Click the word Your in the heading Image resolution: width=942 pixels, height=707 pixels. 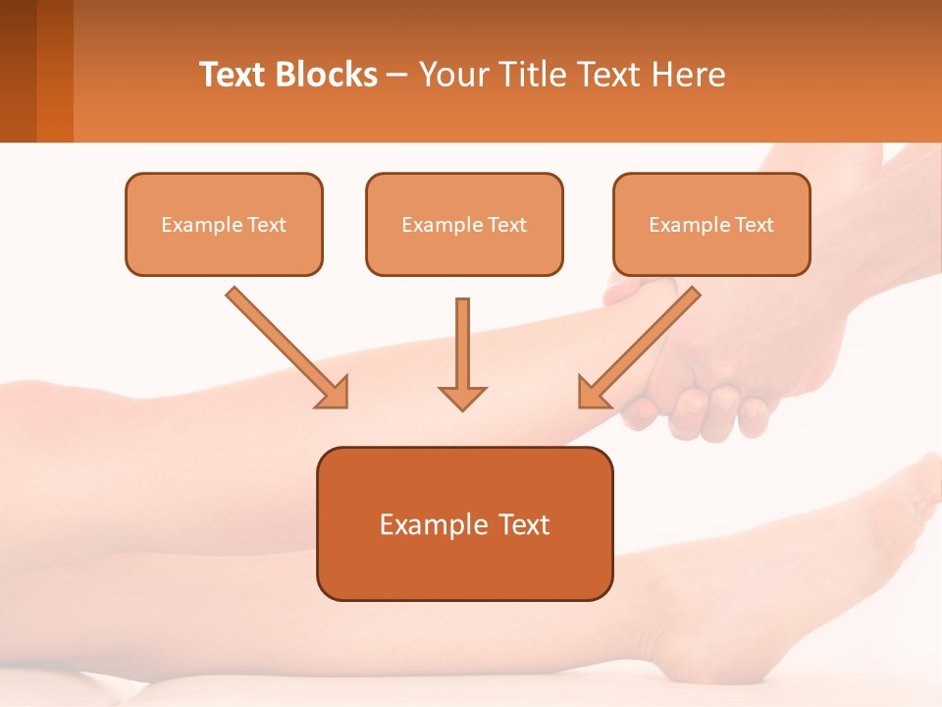pyautogui.click(x=450, y=75)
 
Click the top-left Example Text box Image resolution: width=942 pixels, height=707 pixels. pyautogui.click(x=224, y=224)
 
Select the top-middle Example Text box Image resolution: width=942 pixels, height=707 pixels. pyautogui.click(x=464, y=224)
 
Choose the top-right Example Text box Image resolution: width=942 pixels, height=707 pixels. pyautogui.click(x=711, y=224)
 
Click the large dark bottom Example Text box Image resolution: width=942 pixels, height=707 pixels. pyautogui.click(x=464, y=523)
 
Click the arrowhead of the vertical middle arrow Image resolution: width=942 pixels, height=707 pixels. pyautogui.click(x=462, y=397)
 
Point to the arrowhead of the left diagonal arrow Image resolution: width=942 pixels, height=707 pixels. pyautogui.click(x=334, y=393)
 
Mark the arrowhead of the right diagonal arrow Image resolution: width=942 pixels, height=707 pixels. pyautogui.click(x=593, y=393)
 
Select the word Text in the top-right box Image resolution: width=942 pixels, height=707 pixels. pyautogui.click(x=755, y=225)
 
